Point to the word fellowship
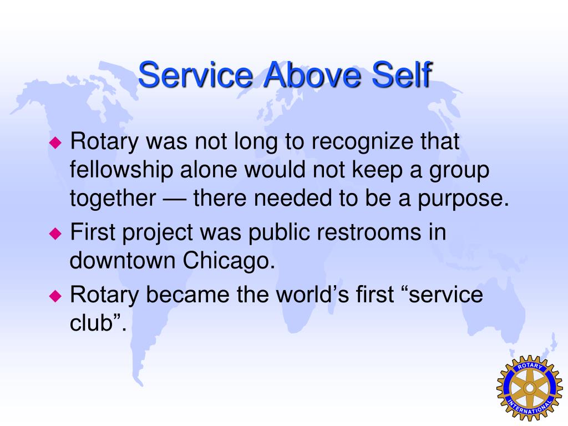[121, 170]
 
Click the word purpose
[463, 199]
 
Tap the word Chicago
[229, 261]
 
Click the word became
[188, 294]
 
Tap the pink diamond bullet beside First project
[55, 234]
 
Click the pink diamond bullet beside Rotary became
[55, 296]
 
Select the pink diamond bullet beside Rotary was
[55, 143]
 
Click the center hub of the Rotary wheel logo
[530, 388]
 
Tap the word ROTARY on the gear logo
[530, 366]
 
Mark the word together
[113, 199]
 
